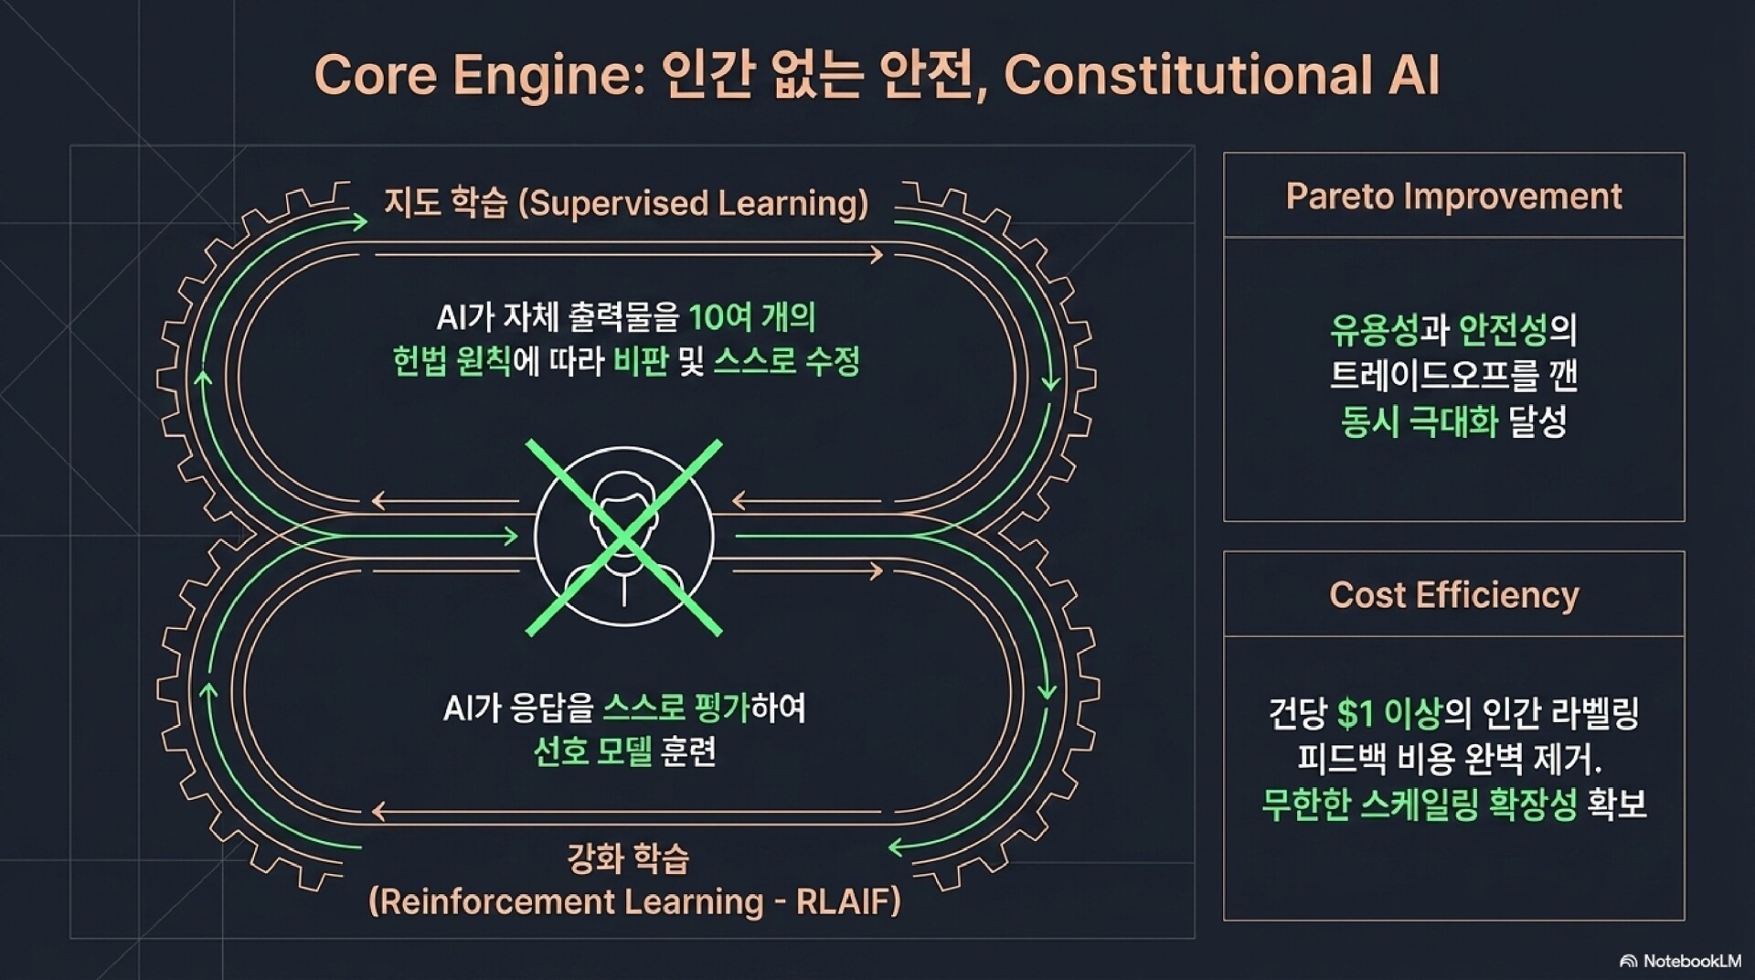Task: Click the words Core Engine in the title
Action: pyautogui.click(x=473, y=75)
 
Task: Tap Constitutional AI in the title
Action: pyautogui.click(x=1221, y=75)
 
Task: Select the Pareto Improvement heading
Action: pyautogui.click(x=1453, y=197)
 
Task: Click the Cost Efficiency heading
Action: pyautogui.click(x=1453, y=595)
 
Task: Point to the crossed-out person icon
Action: pyautogui.click(x=624, y=538)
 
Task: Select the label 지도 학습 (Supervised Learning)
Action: pyautogui.click(x=626, y=203)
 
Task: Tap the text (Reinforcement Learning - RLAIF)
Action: pyautogui.click(x=634, y=902)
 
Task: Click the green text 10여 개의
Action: pyautogui.click(x=751, y=317)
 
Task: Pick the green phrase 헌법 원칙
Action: pyautogui.click(x=452, y=361)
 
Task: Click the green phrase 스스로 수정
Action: pyautogui.click(x=786, y=361)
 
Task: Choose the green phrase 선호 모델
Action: pyautogui.click(x=592, y=752)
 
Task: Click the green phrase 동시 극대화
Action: pyautogui.click(x=1420, y=421)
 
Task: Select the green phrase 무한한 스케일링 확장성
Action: pyautogui.click(x=1420, y=804)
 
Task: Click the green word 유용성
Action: pyautogui.click(x=1374, y=330)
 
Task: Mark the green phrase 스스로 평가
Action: pyautogui.click(x=676, y=708)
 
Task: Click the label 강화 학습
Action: pyautogui.click(x=628, y=858)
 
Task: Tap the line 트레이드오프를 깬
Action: pyautogui.click(x=1453, y=376)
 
